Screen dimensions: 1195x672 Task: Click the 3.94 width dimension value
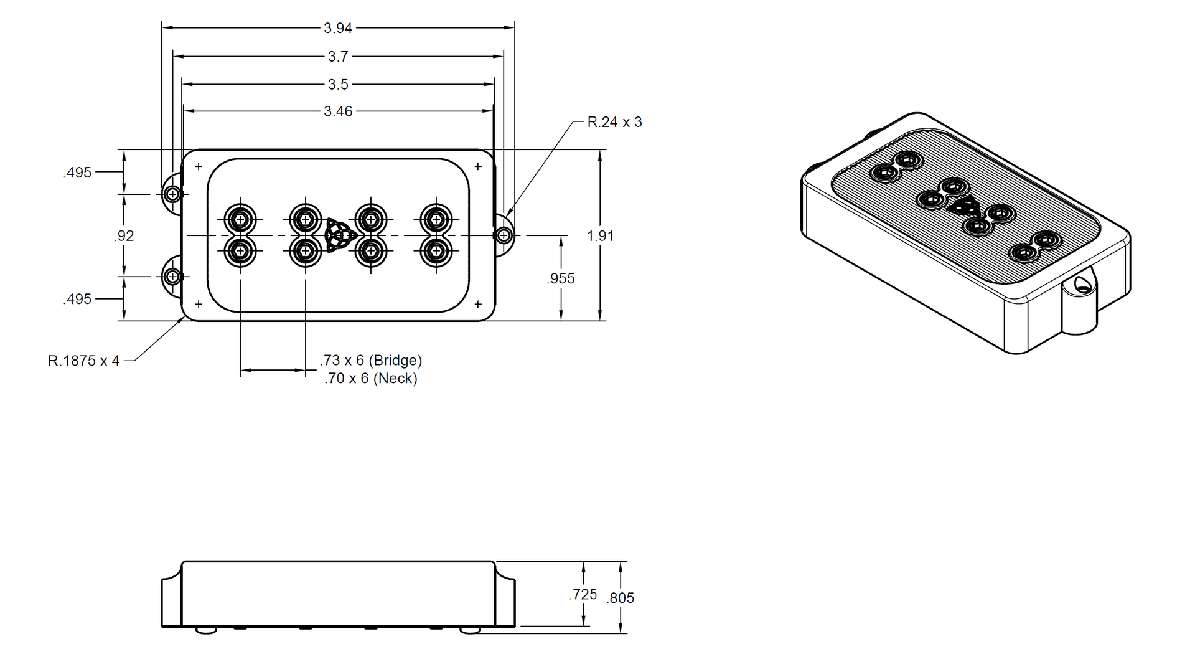tap(338, 28)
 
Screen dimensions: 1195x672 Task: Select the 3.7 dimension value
tap(338, 57)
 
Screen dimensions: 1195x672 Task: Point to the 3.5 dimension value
tap(338, 84)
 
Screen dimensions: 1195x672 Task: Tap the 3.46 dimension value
tap(338, 111)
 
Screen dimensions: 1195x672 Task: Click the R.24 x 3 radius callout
tap(614, 122)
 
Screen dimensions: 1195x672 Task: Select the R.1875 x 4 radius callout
tap(83, 361)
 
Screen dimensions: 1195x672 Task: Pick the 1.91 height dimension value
tap(600, 236)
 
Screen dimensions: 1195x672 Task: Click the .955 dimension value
tap(561, 278)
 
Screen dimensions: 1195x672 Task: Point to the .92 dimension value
tap(124, 236)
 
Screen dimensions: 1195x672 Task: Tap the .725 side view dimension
tap(583, 595)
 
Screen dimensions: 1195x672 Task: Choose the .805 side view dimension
tap(620, 598)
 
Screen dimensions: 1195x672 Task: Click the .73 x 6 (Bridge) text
tap(371, 361)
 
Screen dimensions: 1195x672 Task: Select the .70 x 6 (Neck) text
tap(370, 379)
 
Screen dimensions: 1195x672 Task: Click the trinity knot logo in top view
tap(340, 235)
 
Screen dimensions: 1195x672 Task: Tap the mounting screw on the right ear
tap(504, 235)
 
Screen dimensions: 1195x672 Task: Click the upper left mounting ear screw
tap(173, 194)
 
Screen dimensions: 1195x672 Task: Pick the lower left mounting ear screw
tap(173, 277)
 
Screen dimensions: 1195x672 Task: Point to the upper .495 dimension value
tap(77, 173)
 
